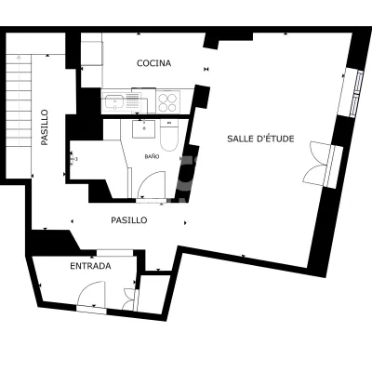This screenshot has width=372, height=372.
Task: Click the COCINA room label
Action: click(x=153, y=63)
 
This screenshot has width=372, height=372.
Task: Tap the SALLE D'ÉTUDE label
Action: click(x=260, y=139)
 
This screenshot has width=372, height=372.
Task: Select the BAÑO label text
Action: click(x=152, y=157)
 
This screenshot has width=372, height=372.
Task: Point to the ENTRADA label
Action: click(x=90, y=266)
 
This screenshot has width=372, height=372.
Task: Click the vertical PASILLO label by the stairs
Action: click(x=45, y=127)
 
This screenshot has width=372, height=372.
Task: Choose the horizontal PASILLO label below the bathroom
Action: click(x=129, y=220)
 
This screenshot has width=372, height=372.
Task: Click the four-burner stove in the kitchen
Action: click(x=167, y=101)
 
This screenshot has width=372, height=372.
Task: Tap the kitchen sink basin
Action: click(x=114, y=101)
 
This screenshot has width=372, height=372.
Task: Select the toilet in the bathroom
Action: click(x=169, y=136)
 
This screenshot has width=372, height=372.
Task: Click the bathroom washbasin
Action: click(x=144, y=129)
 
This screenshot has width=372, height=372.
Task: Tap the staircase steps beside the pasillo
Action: click(x=19, y=100)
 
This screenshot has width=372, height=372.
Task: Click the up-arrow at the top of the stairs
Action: click(x=19, y=57)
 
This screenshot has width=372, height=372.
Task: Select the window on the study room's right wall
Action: click(x=356, y=93)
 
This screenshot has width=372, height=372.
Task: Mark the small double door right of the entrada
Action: click(x=130, y=299)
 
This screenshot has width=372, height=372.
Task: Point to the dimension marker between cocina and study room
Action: click(x=206, y=69)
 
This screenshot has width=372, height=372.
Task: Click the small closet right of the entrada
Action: click(x=153, y=293)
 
